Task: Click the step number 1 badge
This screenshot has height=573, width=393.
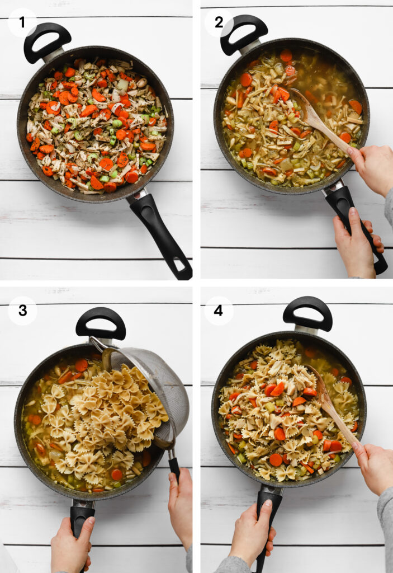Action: [x=22, y=22]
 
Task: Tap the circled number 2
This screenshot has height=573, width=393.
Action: [x=219, y=22]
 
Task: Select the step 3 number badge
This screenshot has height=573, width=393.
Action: [x=22, y=311]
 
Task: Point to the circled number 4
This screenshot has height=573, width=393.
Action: [x=219, y=311]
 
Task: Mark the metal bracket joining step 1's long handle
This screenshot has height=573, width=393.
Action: [x=138, y=196]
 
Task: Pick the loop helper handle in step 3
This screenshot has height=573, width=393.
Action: [x=101, y=322]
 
